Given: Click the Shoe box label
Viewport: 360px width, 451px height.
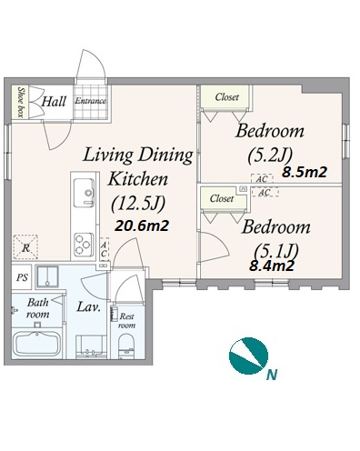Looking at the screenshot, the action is tap(21, 102).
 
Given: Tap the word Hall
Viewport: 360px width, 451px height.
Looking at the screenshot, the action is tap(54, 102).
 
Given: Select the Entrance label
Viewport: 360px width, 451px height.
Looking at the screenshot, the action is tap(91, 101).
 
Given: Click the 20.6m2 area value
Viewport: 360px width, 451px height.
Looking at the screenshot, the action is tap(142, 225).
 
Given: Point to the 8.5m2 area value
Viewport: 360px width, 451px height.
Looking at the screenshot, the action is tap(305, 173).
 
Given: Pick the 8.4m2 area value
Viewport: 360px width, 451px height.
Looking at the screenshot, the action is tap(272, 266).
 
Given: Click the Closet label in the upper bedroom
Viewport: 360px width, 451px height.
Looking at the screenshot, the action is tap(227, 97).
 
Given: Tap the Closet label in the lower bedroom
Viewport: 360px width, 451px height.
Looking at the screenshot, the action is tap(222, 198).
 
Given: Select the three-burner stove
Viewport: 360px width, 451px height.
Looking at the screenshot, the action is tap(84, 244).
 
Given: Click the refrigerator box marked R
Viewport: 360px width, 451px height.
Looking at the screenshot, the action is tap(25, 247).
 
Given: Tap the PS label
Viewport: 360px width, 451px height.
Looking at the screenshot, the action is tap(22, 277).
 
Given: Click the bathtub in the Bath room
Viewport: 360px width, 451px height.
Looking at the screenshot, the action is tap(37, 344).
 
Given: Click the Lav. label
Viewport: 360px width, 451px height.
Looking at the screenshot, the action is tap(88, 306).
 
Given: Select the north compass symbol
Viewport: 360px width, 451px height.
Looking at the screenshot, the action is tap(248, 355).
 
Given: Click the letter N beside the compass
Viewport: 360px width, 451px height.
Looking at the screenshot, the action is tap(272, 376).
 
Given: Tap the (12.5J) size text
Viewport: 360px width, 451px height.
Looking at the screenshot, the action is tap(138, 204).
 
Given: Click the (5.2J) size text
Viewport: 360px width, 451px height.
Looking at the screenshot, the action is tap(270, 155).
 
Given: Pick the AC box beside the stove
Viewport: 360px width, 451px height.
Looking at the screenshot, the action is tap(104, 249).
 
